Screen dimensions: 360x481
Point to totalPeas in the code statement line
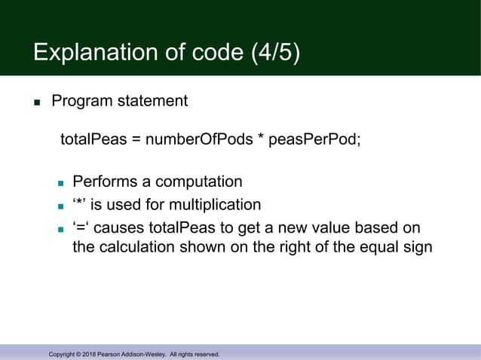click(x=93, y=142)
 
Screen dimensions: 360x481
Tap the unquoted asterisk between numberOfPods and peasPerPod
click(x=260, y=140)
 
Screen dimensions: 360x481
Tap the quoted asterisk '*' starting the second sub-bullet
click(x=80, y=204)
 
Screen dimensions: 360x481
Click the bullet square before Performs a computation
click(x=61, y=184)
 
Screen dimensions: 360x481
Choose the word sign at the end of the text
click(x=417, y=247)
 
